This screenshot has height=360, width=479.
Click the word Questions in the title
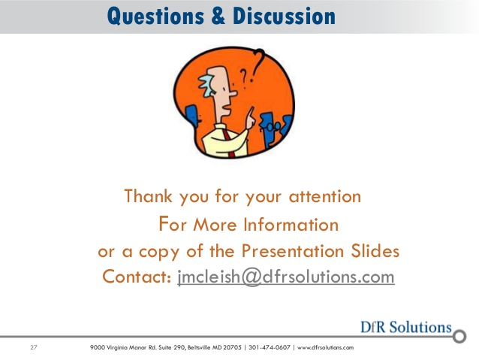point(155,16)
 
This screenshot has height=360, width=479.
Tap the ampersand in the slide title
point(218,16)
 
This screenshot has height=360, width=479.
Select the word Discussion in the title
point(284,16)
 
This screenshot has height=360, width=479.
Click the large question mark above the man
point(258,65)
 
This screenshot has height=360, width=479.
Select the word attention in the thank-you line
point(325,196)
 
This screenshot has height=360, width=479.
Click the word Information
point(291,225)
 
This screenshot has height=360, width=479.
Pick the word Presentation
point(293,251)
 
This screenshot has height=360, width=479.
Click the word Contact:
point(136,277)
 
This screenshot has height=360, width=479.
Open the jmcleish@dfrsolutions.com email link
point(286,277)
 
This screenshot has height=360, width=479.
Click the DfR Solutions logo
point(406,327)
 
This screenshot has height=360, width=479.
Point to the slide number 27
point(34,347)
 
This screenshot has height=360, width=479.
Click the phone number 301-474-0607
point(269,347)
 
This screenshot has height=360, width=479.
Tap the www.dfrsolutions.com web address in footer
point(325,347)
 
